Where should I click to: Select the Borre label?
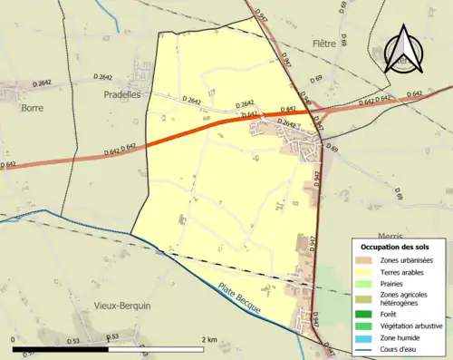click(32, 107)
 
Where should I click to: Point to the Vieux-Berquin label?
click(121, 306)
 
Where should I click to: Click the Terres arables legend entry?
click(403, 272)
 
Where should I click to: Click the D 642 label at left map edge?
click(8, 164)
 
